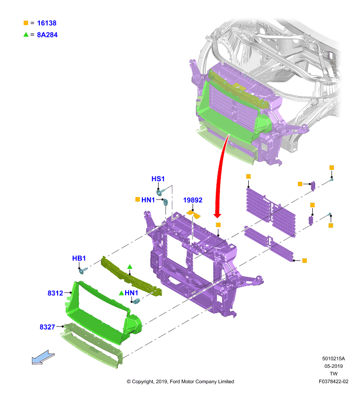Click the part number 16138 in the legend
click(x=47, y=23)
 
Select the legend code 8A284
click(x=47, y=35)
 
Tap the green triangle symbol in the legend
click(x=26, y=34)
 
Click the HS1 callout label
click(x=158, y=179)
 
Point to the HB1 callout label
click(x=79, y=258)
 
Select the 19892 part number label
click(x=193, y=200)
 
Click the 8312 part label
click(x=55, y=293)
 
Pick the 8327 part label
click(x=47, y=327)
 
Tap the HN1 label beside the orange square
click(x=148, y=200)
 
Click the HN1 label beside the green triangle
click(x=131, y=293)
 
